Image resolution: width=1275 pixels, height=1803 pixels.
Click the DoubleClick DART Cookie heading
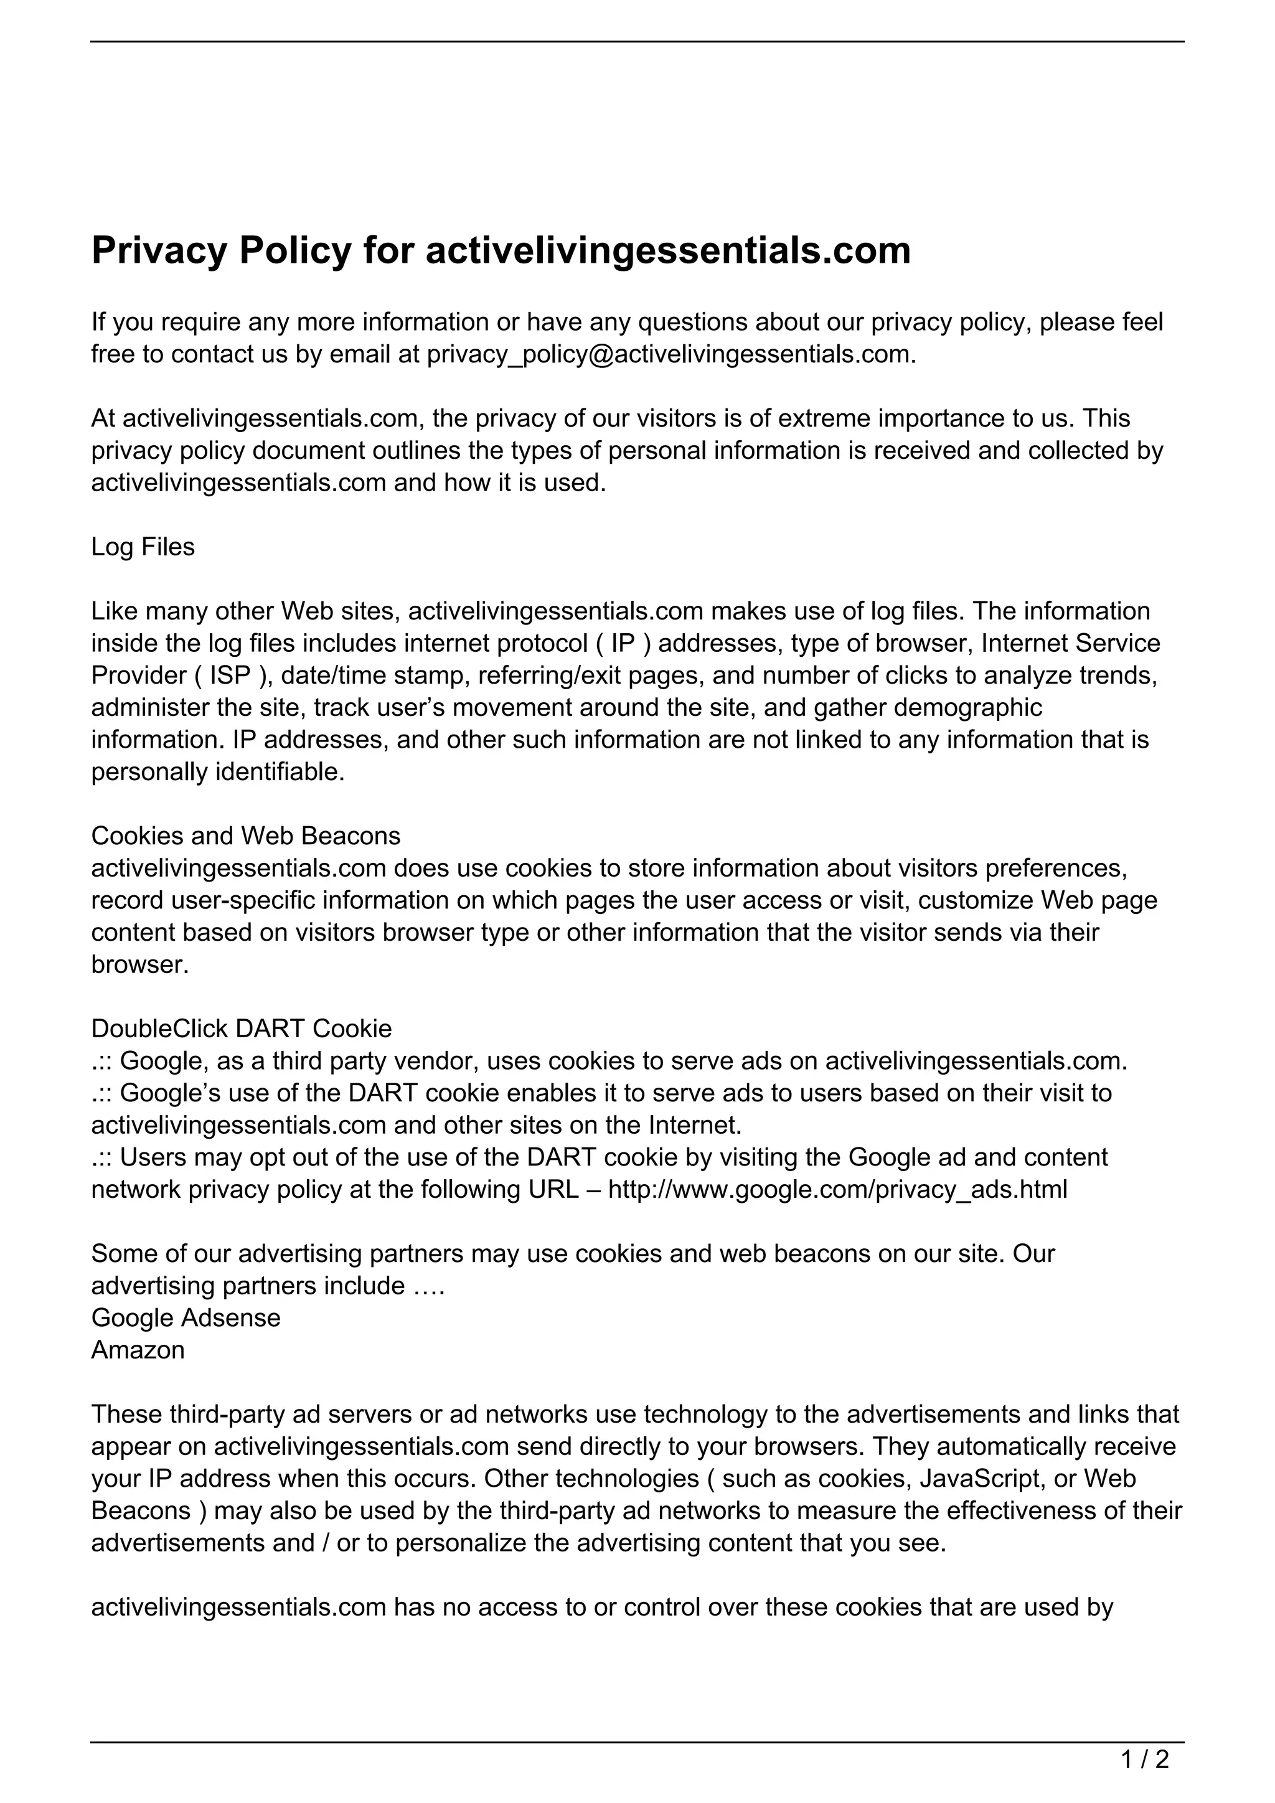[x=241, y=1028]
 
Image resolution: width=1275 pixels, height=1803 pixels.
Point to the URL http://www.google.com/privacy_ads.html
[x=837, y=1190]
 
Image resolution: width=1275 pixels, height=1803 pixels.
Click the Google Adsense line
[x=186, y=1318]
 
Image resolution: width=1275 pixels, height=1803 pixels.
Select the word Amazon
[x=138, y=1350]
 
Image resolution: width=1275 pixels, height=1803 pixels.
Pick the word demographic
[x=967, y=707]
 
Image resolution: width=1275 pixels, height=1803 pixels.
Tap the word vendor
[x=436, y=1061]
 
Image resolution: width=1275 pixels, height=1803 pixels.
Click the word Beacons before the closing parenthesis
[x=141, y=1511]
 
